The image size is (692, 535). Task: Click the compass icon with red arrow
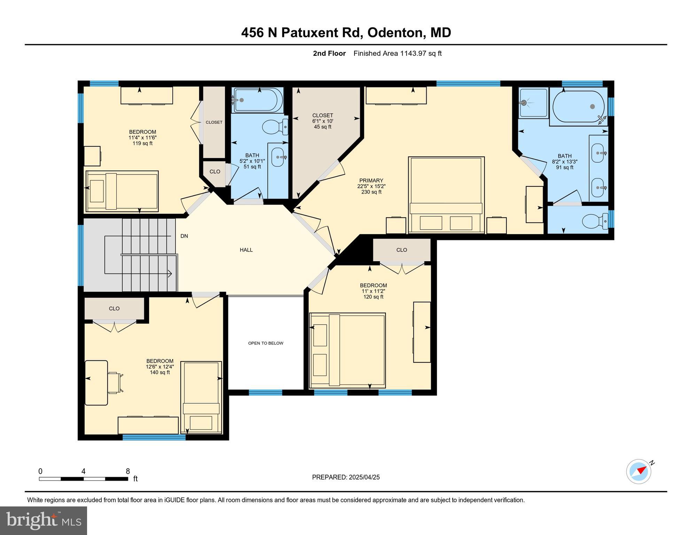pos(638,471)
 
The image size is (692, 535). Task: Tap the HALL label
pos(246,250)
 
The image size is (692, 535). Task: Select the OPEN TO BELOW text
pos(265,343)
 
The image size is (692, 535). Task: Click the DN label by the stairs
pos(184,236)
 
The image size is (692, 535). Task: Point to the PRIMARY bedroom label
pos(371,180)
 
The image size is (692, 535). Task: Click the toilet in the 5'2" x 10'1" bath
pos(274,127)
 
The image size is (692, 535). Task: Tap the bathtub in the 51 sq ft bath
pos(258,100)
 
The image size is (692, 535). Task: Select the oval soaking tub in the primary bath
pos(578,106)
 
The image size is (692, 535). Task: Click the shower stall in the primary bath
pos(533,103)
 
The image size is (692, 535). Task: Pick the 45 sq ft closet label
pos(322,121)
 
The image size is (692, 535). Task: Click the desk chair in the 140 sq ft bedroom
pos(114,383)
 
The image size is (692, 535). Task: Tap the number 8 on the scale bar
pos(128,471)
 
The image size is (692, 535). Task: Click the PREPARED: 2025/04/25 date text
pos(345,477)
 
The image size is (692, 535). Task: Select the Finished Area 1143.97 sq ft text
pos(397,53)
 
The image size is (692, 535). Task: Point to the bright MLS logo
pos(43,520)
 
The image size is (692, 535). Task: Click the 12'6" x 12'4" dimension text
pos(160,366)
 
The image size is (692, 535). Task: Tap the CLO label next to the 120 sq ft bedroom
pos(401,250)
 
